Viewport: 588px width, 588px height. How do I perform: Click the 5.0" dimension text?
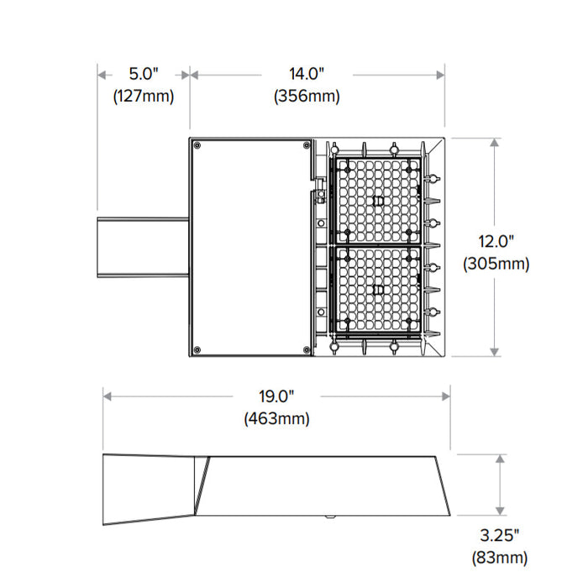144,74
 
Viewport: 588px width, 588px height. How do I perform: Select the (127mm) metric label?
144,96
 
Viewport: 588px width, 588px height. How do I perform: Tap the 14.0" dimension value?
307,74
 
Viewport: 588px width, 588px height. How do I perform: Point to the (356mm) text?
307,96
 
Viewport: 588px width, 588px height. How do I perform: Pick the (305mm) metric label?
496,264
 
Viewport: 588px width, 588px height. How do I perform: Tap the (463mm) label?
276,417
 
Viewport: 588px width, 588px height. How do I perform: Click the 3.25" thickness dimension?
500,535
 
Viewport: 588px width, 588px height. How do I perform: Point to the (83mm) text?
500,557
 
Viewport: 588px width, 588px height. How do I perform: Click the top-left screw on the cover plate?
197,146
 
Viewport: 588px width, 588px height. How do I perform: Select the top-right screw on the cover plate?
303,146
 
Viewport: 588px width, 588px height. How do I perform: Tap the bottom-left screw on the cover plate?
197,349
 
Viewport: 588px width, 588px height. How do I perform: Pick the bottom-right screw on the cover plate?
303,349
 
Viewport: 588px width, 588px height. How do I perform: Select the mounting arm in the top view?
143,246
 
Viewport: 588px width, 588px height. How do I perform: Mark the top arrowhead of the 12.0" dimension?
496,142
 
